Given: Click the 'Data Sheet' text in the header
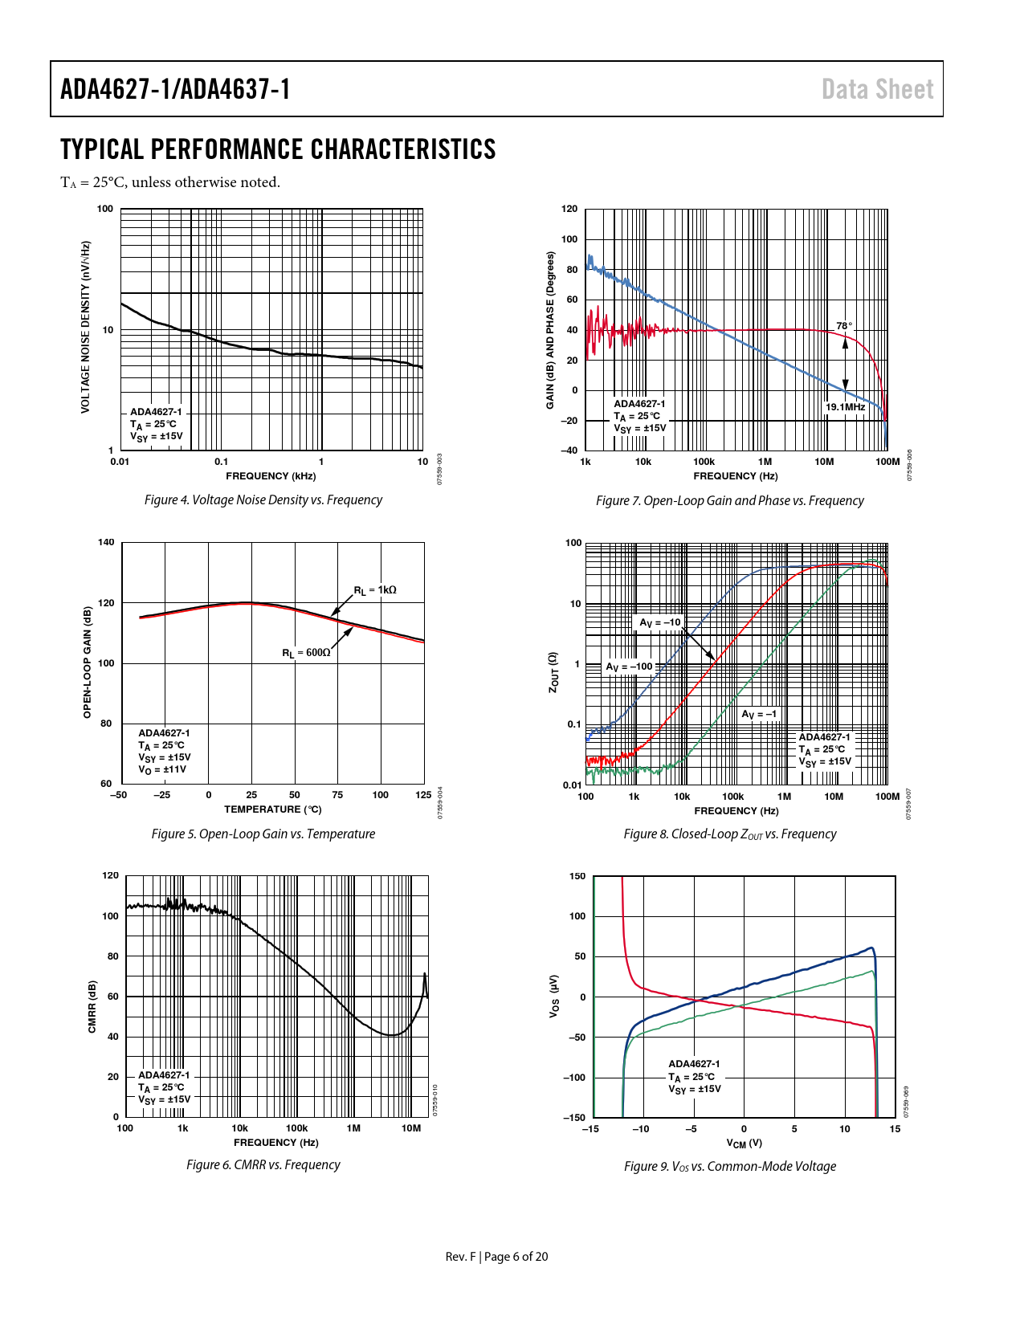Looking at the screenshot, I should pos(877,89).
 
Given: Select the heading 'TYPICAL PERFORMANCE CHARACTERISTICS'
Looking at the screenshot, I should pos(278,149).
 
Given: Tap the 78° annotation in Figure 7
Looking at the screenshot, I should pos(843,326).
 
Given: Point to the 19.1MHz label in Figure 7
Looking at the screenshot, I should pos(845,407).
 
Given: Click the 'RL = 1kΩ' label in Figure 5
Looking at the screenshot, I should pos(375,590).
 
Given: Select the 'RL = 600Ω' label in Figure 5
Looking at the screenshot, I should pos(306,653).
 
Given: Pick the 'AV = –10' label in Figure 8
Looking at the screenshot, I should pos(659,622).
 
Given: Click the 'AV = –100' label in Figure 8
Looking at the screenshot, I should pos(629,667).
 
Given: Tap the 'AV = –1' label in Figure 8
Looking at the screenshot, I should pos(759,714).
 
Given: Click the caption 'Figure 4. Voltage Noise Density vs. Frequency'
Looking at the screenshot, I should pos(263,499).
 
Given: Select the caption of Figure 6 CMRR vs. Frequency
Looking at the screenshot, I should pos(263,1164).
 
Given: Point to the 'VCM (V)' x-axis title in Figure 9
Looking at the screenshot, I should pos(744,1143).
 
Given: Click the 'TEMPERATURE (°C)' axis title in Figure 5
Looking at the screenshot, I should pos(272,809).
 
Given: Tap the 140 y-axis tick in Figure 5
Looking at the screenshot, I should pos(106,542).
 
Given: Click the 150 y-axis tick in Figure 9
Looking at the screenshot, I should pos(577,876).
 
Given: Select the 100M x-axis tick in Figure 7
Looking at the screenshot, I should pos(887,462).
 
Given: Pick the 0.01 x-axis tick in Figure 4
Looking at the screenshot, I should pos(120,462).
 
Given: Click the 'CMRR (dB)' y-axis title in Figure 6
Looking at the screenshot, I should pos(92,1006).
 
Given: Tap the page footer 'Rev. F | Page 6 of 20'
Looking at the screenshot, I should pos(496,1256).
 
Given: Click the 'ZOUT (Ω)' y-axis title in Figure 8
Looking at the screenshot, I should pos(553,672).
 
